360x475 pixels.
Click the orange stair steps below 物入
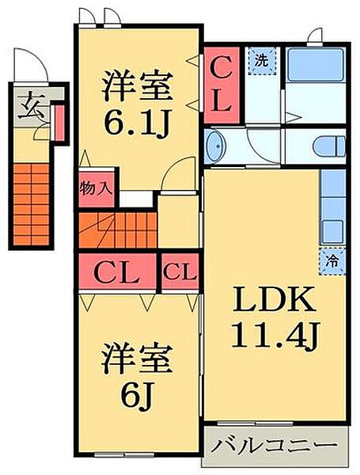[x=116, y=230]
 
